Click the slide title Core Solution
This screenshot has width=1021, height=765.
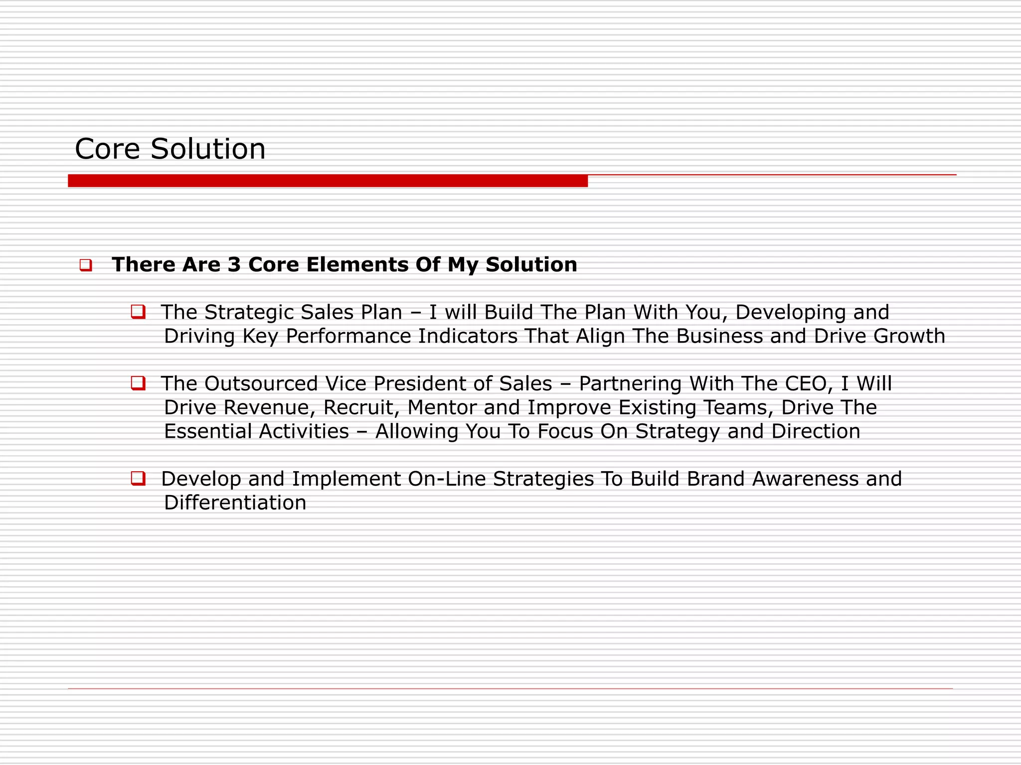170,149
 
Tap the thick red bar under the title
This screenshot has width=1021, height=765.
328,181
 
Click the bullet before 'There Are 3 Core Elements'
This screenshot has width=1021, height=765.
86,265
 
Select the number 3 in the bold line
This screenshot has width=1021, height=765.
234,264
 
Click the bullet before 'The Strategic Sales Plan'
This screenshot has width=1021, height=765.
138,312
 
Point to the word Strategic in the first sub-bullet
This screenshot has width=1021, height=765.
249,312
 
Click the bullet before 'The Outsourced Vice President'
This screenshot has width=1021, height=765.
138,383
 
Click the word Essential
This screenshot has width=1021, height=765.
207,431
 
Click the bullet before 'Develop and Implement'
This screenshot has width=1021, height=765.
138,479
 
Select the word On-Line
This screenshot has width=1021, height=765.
446,479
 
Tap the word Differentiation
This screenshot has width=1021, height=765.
235,503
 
